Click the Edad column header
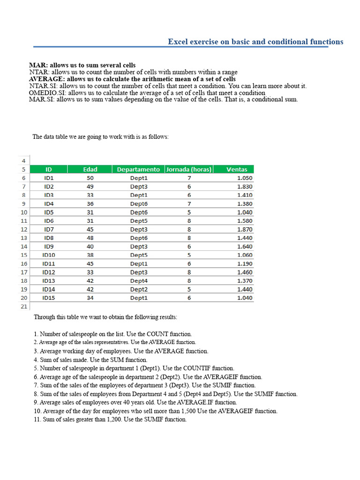[x=90, y=169]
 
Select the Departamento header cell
[x=138, y=169]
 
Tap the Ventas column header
[x=237, y=169]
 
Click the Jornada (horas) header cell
[x=189, y=169]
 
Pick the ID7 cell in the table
[x=49, y=229]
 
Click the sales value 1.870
[x=245, y=229]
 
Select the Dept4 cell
[x=139, y=281]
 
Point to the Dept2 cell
[x=139, y=289]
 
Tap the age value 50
[x=90, y=178]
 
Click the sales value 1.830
[x=245, y=187]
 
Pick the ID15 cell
[x=49, y=298]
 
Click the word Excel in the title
[x=177, y=42]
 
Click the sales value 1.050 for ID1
[x=245, y=178]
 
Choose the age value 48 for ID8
[x=90, y=238]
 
